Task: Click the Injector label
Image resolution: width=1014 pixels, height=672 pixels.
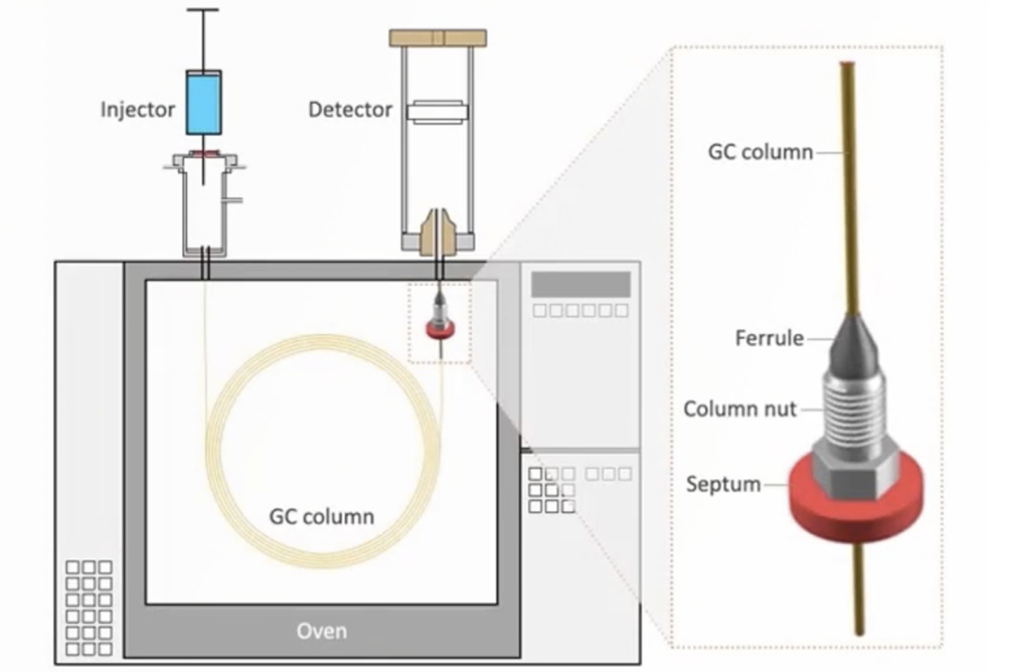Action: (x=137, y=110)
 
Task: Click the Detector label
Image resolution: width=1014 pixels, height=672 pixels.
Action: (x=350, y=110)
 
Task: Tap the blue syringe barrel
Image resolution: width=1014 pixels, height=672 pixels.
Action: (x=203, y=102)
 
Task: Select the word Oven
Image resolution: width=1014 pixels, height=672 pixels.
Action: (x=321, y=631)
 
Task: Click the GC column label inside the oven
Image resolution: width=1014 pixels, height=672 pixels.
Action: (x=321, y=517)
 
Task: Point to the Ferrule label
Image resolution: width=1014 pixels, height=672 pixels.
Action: (x=769, y=338)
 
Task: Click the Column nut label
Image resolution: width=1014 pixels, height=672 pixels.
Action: (x=739, y=409)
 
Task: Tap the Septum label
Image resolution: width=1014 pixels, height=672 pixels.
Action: (x=723, y=484)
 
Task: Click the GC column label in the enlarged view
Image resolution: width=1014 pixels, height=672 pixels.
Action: (x=760, y=152)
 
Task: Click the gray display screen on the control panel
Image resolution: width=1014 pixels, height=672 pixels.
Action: (x=581, y=285)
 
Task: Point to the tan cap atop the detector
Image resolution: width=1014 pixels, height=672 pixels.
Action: (x=437, y=38)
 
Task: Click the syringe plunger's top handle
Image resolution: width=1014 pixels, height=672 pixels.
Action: (x=203, y=10)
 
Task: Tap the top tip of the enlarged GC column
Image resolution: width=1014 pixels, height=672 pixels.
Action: (x=847, y=65)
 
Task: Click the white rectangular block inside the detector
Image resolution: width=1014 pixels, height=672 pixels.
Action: (x=437, y=112)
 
